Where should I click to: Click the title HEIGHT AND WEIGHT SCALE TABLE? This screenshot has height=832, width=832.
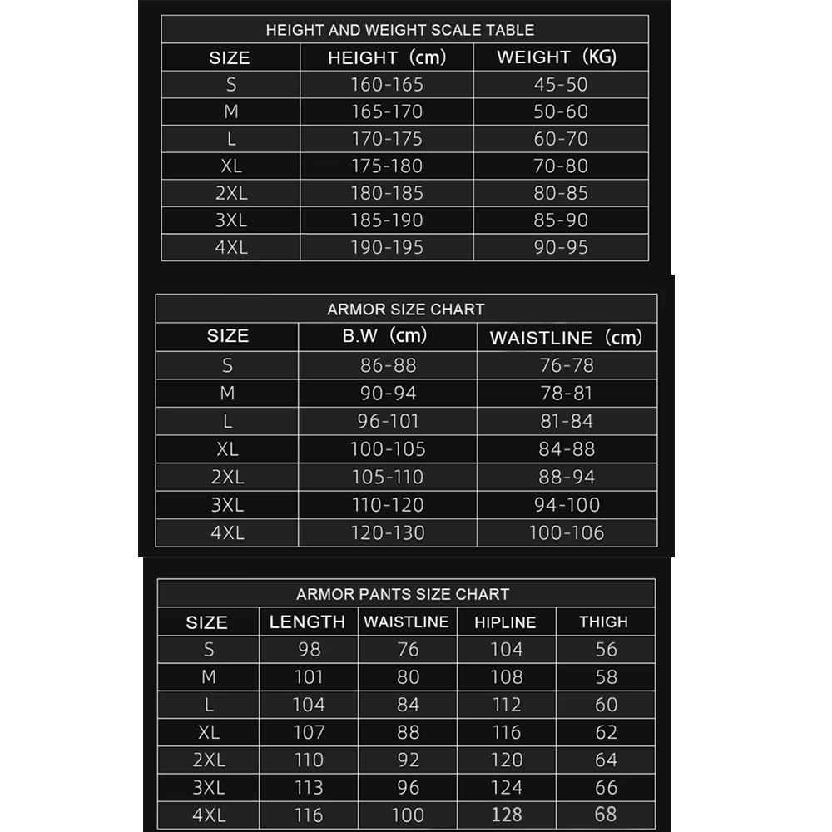399,30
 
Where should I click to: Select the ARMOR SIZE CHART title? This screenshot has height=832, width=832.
405,310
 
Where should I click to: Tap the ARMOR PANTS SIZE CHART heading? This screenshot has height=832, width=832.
403,594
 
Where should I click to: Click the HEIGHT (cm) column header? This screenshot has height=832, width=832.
387,57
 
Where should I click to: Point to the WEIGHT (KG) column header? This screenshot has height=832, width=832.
557,57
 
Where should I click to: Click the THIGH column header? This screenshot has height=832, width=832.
603,622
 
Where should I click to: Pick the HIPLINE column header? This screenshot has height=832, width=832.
505,622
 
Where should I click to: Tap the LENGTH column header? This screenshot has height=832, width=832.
307,622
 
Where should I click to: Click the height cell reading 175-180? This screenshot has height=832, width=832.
387,166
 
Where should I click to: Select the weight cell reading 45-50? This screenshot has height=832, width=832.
561,84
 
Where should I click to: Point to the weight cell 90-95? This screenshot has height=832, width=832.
561,247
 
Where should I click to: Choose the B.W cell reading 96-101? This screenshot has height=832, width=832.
388,421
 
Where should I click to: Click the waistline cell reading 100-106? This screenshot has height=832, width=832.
567,532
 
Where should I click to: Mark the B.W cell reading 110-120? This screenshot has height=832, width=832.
387,504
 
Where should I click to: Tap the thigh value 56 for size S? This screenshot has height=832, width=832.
606,650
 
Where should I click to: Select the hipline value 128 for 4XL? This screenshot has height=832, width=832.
506,815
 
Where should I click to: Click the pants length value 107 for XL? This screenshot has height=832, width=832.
308,732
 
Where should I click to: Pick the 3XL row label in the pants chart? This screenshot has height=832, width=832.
208,787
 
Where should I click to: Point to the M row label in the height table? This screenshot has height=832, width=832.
230,111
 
